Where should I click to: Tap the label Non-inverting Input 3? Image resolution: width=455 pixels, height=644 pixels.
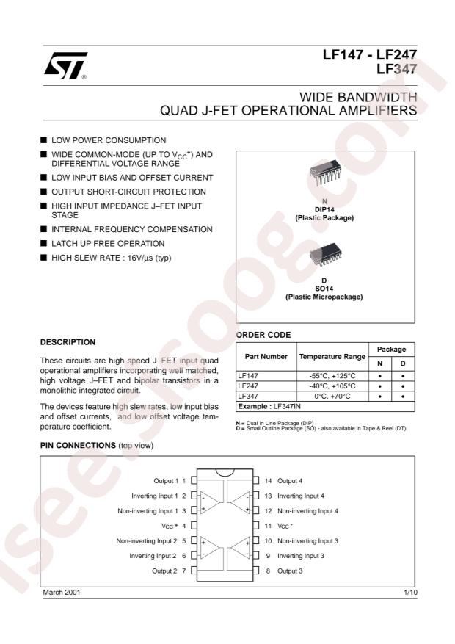coord(307,540)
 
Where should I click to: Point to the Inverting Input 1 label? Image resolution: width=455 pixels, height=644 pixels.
coord(153,495)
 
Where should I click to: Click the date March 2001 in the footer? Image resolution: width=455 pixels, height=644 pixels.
coord(61,591)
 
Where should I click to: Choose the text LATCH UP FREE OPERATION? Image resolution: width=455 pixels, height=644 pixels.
coord(107,243)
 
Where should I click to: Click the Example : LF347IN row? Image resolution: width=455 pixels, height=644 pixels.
coord(267,406)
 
